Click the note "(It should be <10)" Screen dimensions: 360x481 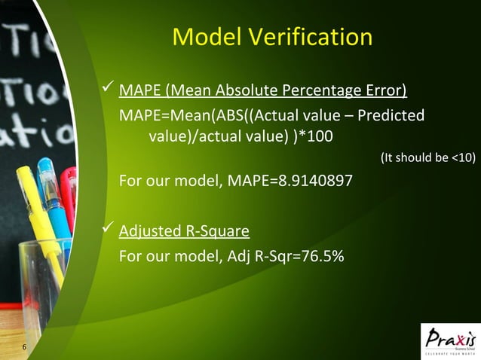point(427,157)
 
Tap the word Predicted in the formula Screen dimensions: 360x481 point(391,116)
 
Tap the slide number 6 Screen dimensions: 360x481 point(25,347)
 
